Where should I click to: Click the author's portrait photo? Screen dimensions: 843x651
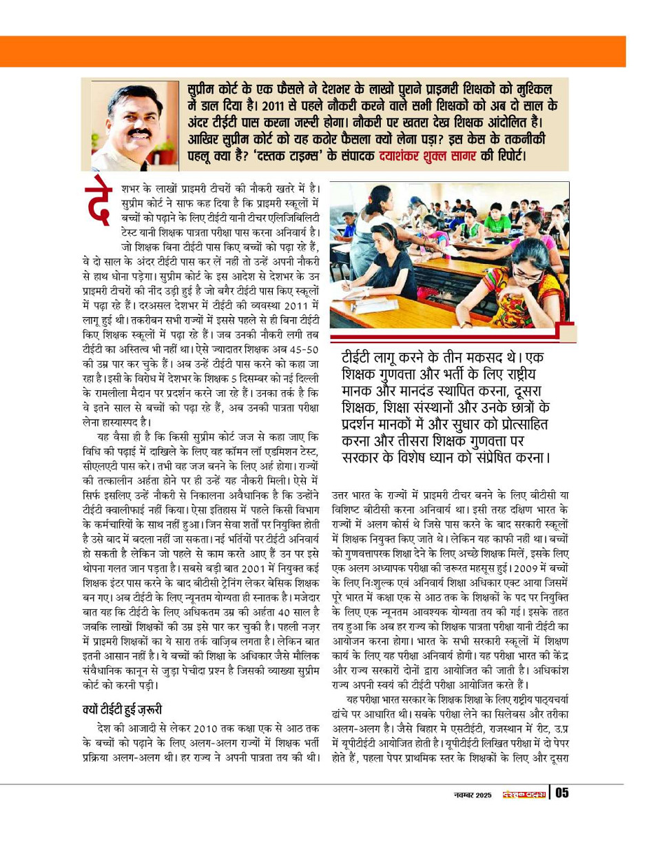click(132, 126)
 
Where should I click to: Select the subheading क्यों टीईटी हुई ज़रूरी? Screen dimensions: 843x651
click(122, 709)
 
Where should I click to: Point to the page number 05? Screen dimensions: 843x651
click(561, 793)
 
